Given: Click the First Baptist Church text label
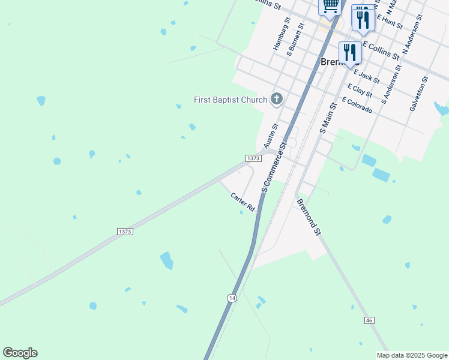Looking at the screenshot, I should coord(230,100).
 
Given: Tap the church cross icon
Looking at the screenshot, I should coord(276,99).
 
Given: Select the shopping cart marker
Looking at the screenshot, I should coord(330,5).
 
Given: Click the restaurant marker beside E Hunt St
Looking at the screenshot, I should coord(363,19).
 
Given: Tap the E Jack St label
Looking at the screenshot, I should coord(367,76).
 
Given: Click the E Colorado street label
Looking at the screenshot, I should coord(357,106).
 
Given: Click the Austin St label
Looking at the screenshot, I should coord(271,136).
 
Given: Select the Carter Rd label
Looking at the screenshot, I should coord(243,202).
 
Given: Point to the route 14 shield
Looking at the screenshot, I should coord(232,298).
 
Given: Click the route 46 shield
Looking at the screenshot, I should coord(369,321).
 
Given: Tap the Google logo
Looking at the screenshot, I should coord(20,353).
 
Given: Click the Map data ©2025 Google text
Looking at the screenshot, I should coord(412,355).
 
